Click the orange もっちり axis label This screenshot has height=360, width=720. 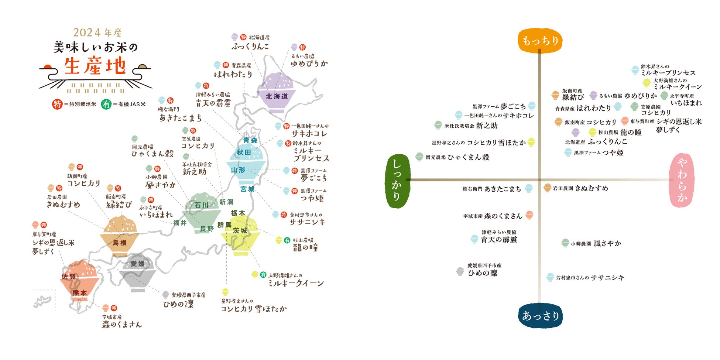540,41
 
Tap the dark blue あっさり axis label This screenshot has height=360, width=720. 540,316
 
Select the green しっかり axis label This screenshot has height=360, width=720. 397,181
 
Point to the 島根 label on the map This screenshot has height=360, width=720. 119,243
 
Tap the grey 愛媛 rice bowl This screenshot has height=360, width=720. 138,273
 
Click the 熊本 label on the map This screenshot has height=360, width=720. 79,292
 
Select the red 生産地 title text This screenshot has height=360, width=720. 95,66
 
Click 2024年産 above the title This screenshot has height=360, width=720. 97,32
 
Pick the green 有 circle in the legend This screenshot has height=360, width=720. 106,104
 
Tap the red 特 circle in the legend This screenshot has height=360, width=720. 57,104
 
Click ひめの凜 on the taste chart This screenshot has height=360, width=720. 483,273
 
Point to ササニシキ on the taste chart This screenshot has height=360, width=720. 607,278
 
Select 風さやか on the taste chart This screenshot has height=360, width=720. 607,244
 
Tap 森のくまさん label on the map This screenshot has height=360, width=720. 122,325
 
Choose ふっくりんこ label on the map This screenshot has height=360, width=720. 250,47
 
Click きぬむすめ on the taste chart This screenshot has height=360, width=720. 591,188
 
